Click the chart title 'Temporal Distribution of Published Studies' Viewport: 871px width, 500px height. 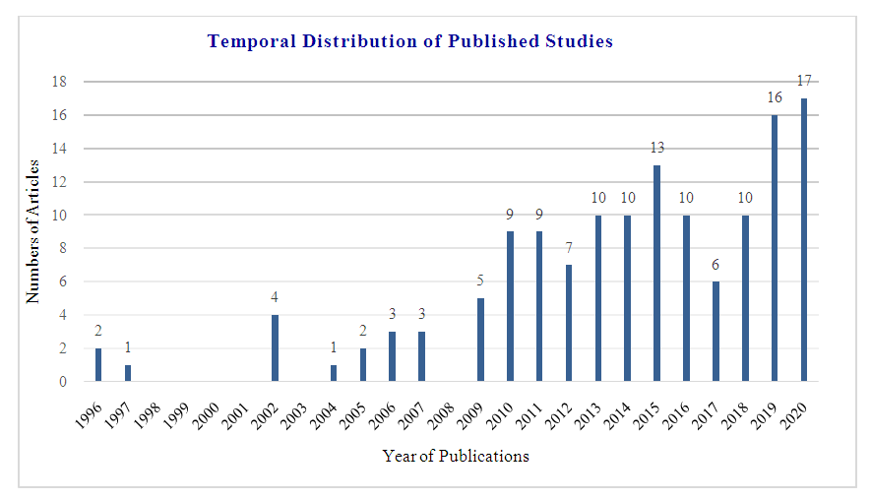point(410,41)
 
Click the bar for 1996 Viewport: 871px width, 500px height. point(98,364)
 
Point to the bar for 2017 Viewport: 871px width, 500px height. point(716,331)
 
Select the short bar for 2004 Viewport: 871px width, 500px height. point(334,373)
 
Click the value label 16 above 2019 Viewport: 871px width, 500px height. point(775,97)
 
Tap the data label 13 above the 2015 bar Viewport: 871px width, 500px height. point(657,148)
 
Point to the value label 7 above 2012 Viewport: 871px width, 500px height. point(569,247)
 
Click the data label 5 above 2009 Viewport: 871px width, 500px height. point(481,281)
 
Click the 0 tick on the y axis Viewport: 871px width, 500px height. point(63,381)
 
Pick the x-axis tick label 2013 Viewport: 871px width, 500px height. point(590,406)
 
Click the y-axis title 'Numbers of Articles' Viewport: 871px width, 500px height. point(32,231)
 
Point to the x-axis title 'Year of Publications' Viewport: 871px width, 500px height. point(456,456)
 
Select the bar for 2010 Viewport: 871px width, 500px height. point(511,306)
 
